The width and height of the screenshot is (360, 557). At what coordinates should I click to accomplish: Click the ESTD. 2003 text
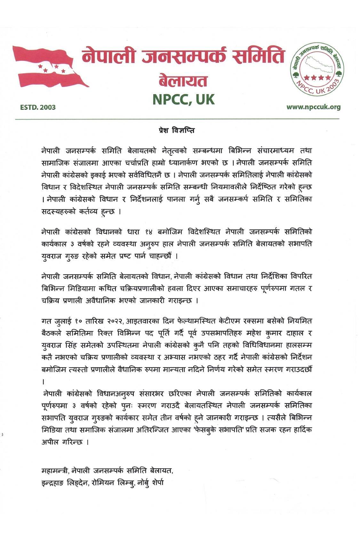pos(36,107)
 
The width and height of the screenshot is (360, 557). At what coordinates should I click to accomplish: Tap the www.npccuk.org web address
pos(313,107)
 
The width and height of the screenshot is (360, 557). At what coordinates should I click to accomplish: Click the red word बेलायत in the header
pos(183,81)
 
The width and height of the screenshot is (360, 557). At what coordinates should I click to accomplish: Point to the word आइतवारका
pos(141,320)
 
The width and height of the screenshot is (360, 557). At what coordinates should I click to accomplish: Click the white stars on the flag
pos(51,67)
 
